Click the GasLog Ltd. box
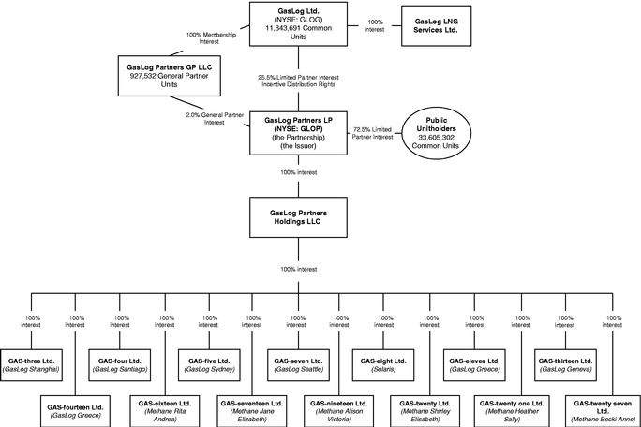[298, 23]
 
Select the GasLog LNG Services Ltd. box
[436, 25]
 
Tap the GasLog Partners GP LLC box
[170, 76]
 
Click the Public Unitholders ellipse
[436, 133]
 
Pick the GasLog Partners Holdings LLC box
[298, 217]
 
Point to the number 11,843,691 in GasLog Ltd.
[283, 28]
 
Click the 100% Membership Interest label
[211, 38]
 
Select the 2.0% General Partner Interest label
[215, 119]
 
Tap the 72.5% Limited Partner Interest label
[372, 133]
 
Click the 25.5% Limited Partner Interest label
[298, 77]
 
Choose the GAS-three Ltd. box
[31, 365]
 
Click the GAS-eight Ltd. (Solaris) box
[383, 365]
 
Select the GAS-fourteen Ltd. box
[75, 411]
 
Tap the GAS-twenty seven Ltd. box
[603, 411]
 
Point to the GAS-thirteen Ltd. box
[565, 365]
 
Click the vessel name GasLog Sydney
[209, 369]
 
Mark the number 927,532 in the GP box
[143, 76]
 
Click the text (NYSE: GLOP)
[298, 128]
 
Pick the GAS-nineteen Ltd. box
[339, 411]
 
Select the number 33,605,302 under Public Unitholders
[436, 138]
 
